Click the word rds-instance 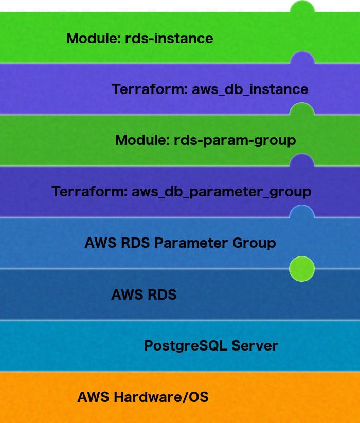pos(169,38)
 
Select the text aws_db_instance pos(250,89)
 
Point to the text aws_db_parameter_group pos(221,192)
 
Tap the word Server pos(255,345)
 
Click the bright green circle pos(302,269)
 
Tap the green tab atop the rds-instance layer pos(302,7)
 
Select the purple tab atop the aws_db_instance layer pos(302,58)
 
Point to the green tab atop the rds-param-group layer pos(302,109)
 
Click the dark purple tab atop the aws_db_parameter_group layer pos(302,160)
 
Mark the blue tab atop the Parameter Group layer pos(302,211)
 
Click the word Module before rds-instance pos(93,38)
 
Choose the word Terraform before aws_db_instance pos(149,89)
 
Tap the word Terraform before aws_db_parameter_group pos(89,192)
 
